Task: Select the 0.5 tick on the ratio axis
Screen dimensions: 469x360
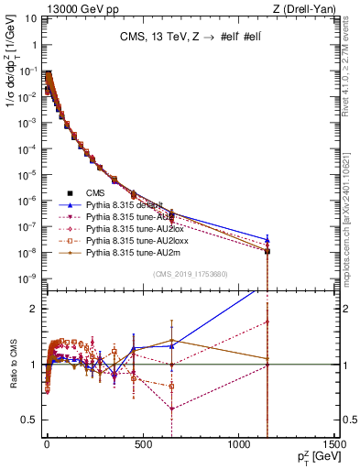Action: (x=27, y=420)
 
